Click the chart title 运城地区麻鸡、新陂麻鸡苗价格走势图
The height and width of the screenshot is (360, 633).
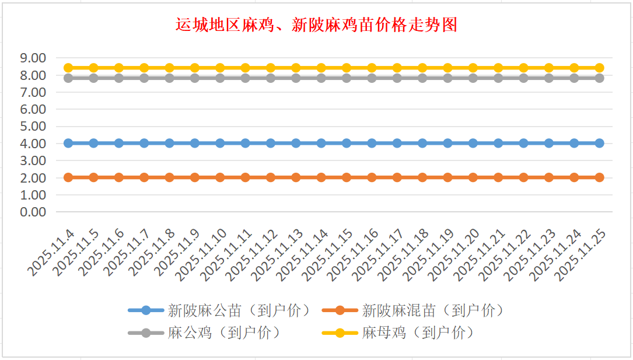[316, 25]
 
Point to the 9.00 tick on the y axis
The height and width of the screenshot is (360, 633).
[33, 58]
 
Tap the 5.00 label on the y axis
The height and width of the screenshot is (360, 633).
[33, 126]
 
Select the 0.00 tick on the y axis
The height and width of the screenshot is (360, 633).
[33, 212]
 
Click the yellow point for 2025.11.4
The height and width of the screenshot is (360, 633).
[68, 68]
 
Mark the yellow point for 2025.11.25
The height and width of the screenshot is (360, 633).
[599, 68]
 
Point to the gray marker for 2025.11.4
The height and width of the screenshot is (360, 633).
[68, 78]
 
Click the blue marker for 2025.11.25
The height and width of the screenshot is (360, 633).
[599, 143]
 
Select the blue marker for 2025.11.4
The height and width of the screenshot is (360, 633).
[68, 143]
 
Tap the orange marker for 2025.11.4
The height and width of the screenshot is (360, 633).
[68, 177]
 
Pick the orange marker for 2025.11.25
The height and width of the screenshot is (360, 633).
[599, 177]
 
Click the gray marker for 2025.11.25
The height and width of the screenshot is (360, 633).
[599, 78]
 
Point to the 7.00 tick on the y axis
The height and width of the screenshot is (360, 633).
[33, 92]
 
